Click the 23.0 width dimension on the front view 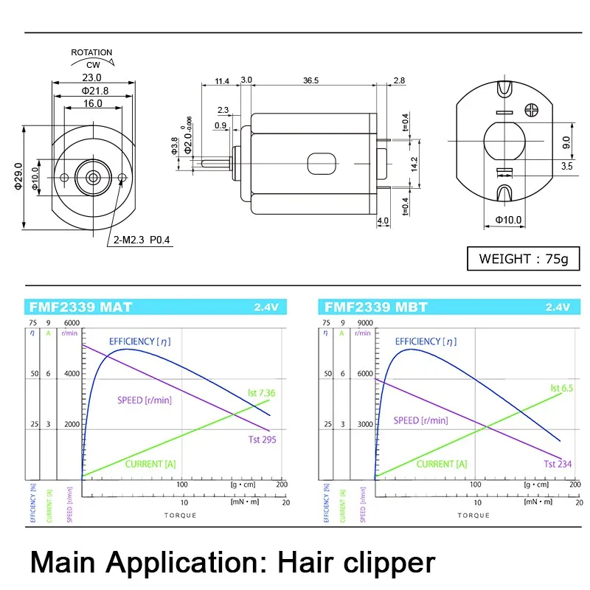click(92, 77)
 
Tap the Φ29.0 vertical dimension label click(18, 177)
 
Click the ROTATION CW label click(92, 58)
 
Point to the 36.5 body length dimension click(310, 80)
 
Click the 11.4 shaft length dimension click(221, 80)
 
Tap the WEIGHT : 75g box click(524, 258)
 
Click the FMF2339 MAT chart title click(71, 308)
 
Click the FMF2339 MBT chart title click(376, 308)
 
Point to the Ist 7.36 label click(261, 393)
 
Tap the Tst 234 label click(558, 464)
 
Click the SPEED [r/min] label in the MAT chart click(144, 400)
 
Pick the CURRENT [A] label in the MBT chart click(441, 464)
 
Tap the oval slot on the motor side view click(321, 162)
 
